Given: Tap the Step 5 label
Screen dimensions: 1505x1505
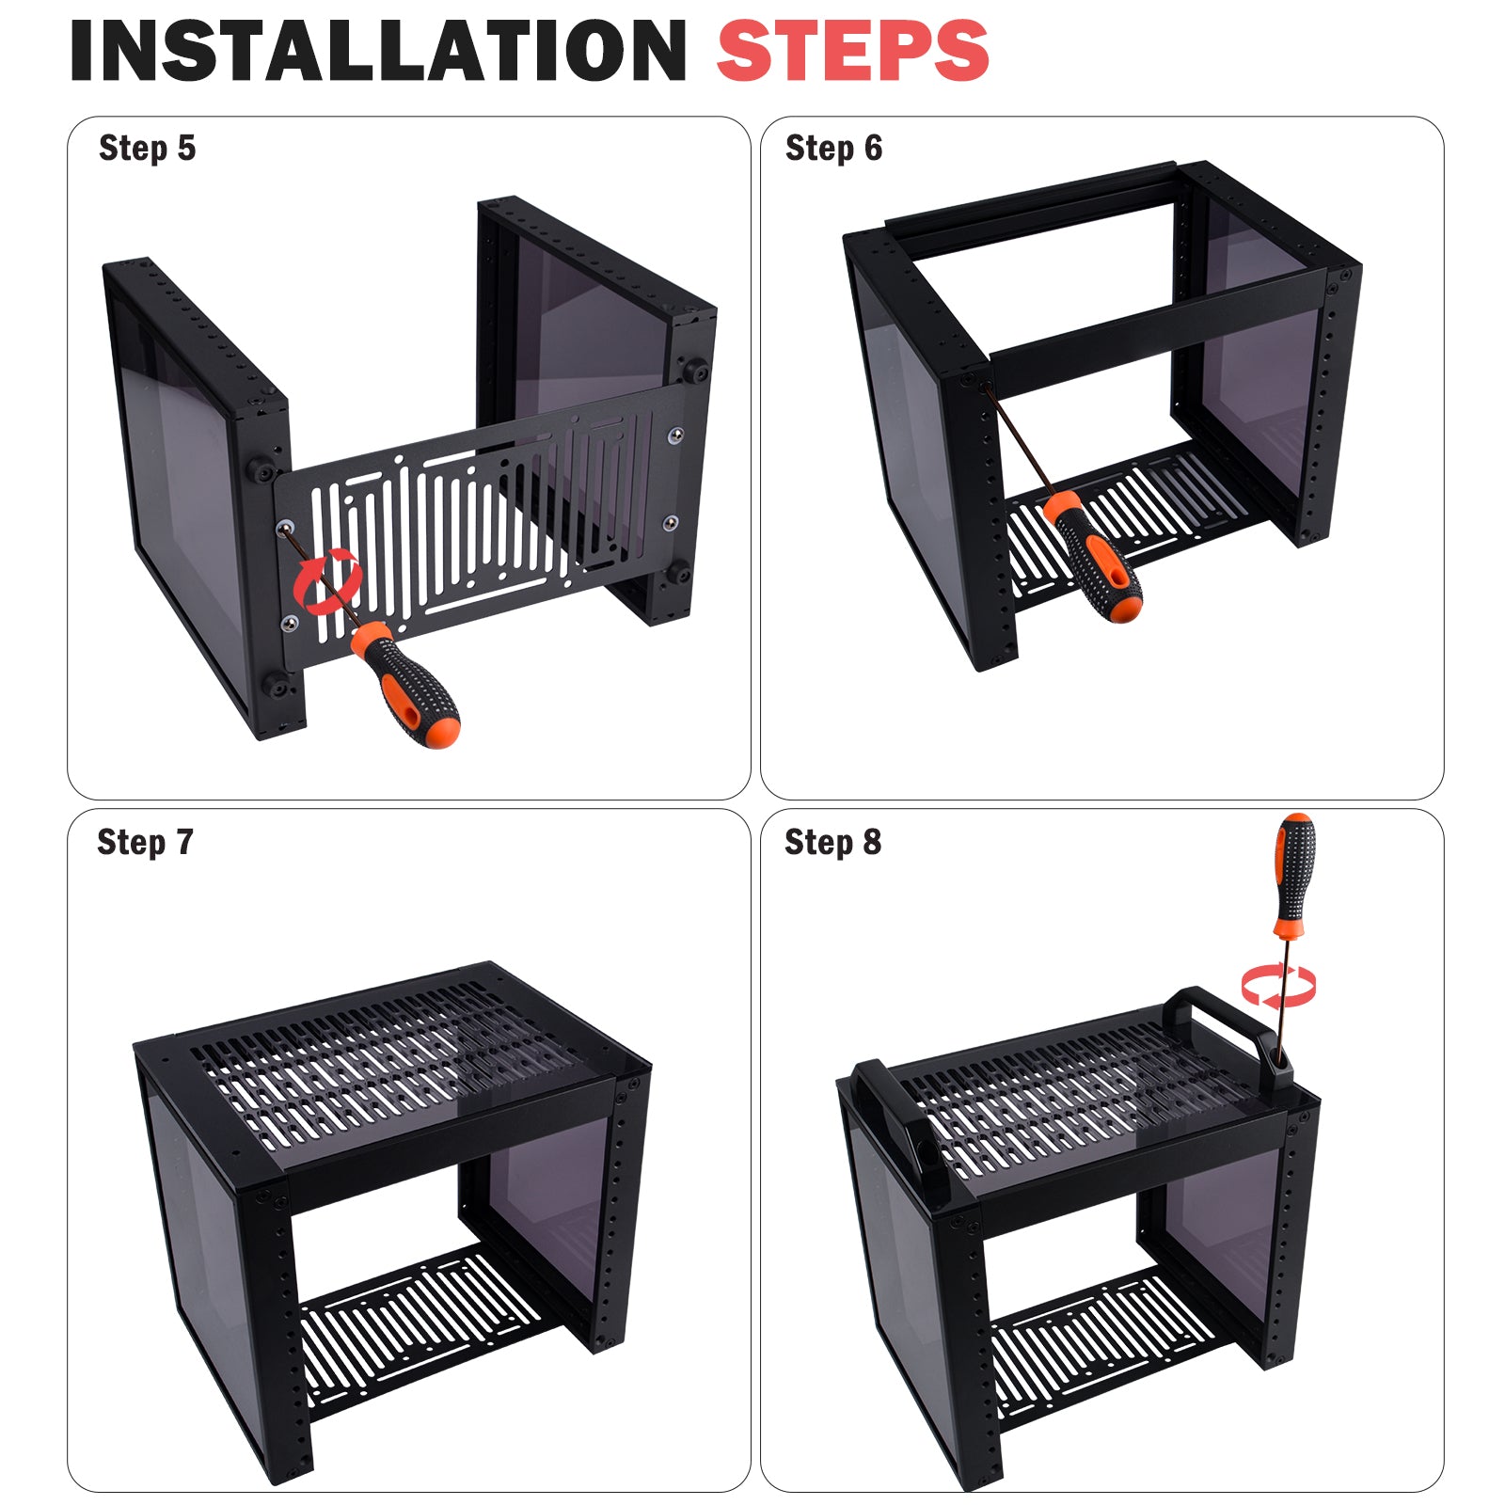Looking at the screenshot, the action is (x=148, y=148).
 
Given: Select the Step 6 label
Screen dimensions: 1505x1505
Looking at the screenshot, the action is (x=834, y=148).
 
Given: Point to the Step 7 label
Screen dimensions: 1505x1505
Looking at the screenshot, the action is (x=146, y=842).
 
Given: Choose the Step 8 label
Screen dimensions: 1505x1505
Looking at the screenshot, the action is (x=833, y=842).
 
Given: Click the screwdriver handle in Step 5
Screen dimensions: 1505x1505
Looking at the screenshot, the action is (x=405, y=684).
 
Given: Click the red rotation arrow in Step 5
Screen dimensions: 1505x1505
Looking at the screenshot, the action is (x=327, y=583).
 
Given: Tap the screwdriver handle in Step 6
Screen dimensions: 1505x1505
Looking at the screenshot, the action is (x=1094, y=556).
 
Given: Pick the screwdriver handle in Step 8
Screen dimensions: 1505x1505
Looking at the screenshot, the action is (x=1295, y=875).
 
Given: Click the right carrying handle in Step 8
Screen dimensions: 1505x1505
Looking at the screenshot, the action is (x=1228, y=1035).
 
